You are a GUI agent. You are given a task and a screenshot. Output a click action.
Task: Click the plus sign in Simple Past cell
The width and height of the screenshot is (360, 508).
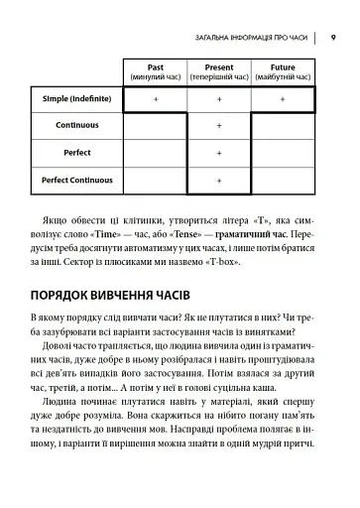click(155, 100)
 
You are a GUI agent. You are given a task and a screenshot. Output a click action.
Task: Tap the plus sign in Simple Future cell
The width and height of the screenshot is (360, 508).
click(283, 100)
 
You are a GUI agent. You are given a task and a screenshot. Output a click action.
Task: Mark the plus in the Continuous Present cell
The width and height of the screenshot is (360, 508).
click(218, 127)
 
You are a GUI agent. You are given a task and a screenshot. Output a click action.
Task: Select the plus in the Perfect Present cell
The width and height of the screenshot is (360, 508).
click(218, 154)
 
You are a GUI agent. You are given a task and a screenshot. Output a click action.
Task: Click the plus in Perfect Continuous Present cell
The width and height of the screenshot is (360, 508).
click(218, 181)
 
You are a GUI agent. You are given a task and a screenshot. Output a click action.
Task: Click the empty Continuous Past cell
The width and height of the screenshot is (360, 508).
click(155, 127)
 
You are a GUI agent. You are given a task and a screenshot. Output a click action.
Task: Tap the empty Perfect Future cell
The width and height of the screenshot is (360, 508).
click(283, 154)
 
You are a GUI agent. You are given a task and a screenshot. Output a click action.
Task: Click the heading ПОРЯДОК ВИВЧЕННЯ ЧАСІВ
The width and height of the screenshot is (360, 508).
click(124, 296)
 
